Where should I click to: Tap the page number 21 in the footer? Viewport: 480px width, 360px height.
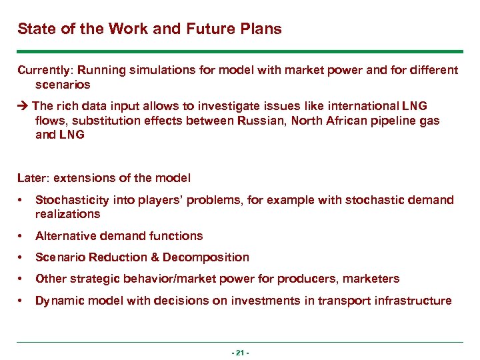239,352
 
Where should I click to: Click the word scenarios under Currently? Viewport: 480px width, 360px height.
62,85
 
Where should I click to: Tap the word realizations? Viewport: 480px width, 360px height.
67,214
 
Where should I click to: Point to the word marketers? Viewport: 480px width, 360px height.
373,279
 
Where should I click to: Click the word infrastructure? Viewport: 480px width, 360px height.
415,301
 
